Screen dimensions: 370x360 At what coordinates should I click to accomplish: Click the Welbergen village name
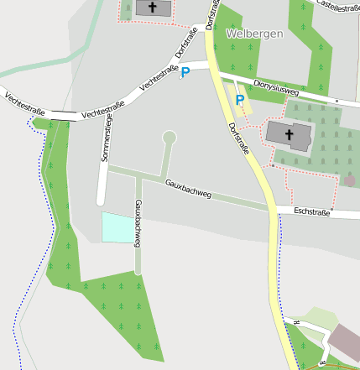[254, 34]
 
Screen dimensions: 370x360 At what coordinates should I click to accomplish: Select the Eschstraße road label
[312, 212]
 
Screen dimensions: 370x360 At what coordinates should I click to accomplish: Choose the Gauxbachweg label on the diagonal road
[188, 189]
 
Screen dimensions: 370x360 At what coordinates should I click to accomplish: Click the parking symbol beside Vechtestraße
[185, 73]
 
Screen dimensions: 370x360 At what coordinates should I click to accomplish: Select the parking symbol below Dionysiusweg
[240, 101]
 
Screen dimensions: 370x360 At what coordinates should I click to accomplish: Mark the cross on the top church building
[152, 7]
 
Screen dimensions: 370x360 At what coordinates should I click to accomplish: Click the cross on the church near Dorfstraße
[289, 133]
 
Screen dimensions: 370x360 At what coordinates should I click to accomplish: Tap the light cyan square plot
[118, 228]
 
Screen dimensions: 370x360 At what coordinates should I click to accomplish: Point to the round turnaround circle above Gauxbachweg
[170, 137]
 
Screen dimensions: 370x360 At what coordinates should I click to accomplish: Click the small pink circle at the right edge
[350, 180]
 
